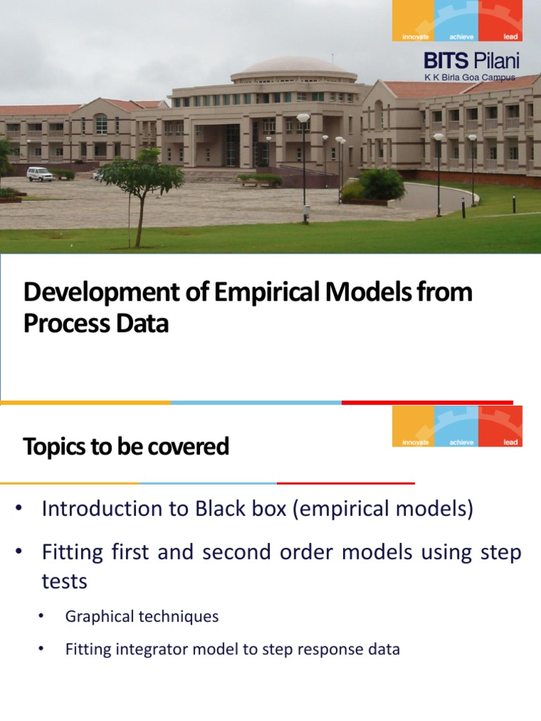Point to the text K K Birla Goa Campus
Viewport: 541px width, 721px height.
pos(469,77)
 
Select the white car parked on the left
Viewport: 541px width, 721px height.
pos(39,173)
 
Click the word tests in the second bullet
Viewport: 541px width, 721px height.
pos(65,582)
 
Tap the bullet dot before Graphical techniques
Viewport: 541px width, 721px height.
pos(42,617)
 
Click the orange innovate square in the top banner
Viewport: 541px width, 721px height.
pos(414,20)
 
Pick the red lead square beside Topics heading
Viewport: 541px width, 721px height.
pos(500,427)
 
